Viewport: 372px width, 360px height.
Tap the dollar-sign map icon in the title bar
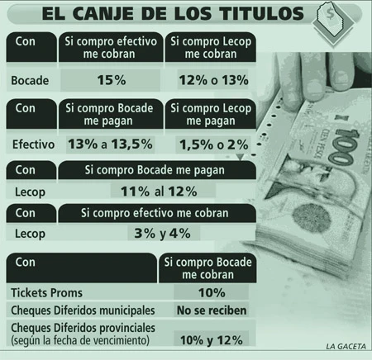point(333,23)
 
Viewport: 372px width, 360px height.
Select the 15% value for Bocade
point(112,80)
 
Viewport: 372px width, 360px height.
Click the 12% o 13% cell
point(213,80)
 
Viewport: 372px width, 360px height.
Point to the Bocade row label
point(30,81)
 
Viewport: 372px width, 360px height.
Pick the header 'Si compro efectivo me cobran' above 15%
point(111,47)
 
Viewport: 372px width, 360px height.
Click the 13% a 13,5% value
point(110,144)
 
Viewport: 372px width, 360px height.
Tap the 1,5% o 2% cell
point(214,144)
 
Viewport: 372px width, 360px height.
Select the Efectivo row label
point(33,144)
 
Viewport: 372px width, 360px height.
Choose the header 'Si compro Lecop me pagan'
point(211,115)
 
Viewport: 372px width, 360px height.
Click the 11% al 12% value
point(159,192)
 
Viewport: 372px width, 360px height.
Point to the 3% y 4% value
point(162,234)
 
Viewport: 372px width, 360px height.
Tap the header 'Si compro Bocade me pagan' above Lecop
point(155,170)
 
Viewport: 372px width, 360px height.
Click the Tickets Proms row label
point(46,293)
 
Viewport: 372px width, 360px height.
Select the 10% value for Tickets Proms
point(212,293)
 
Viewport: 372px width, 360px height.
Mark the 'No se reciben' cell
point(212,310)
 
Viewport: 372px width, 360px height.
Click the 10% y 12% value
point(212,340)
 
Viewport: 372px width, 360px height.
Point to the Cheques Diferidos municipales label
point(83,310)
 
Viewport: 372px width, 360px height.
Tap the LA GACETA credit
point(346,346)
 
